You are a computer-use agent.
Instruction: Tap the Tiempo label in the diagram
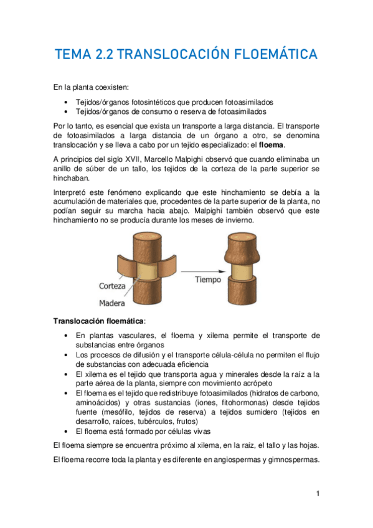pyautogui.click(x=208, y=280)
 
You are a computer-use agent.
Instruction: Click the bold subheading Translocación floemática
pyautogui.click(x=99, y=321)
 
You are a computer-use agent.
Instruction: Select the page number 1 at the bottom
pyautogui.click(x=318, y=494)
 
